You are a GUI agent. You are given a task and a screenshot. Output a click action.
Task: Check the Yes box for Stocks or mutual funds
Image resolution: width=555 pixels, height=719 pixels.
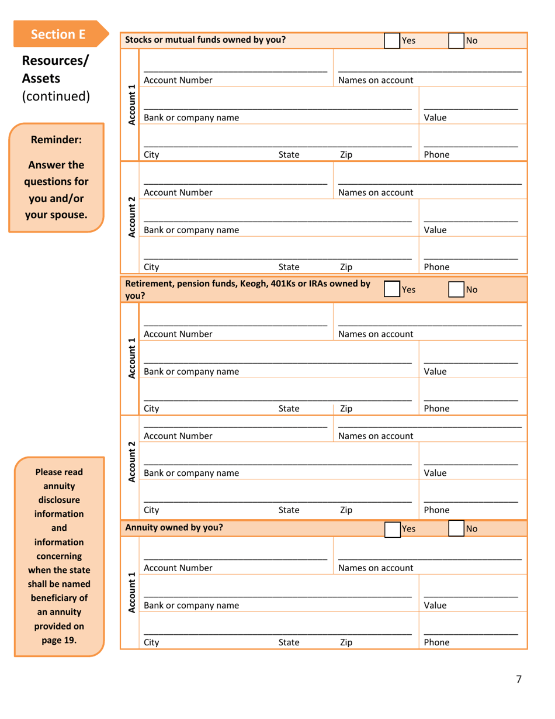point(392,40)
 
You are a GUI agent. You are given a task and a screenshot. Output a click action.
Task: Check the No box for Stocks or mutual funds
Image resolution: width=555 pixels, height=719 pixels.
point(456,40)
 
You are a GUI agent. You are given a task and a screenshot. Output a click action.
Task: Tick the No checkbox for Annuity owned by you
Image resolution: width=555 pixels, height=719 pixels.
point(456,529)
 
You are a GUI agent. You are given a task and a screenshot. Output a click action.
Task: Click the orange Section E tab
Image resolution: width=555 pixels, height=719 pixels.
point(58,34)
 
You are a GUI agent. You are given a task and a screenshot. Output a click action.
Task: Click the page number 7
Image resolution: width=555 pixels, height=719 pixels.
point(518,679)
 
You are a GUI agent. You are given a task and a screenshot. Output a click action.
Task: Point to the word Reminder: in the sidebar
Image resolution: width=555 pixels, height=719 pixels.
point(56,140)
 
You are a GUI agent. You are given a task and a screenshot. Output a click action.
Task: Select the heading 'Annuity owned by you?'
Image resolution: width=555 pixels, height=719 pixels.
point(174,528)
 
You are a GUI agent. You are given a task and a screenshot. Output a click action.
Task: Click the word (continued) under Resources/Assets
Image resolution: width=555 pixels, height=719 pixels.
point(56,95)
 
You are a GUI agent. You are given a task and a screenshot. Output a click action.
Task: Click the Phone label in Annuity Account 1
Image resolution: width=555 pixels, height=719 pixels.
point(436,642)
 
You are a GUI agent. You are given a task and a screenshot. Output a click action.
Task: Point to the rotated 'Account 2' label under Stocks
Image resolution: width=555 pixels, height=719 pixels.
point(131,216)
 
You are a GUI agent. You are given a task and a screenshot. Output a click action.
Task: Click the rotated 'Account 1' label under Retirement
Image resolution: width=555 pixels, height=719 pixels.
point(131,358)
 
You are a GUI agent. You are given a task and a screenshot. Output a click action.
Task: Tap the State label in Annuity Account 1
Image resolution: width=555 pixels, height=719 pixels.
point(289,642)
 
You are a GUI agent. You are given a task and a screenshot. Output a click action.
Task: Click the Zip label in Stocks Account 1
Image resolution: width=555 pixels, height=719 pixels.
point(346,155)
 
